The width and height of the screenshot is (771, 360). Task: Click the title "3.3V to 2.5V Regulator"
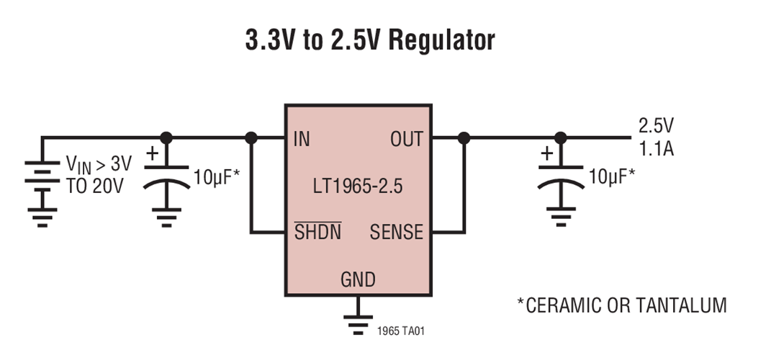click(x=370, y=41)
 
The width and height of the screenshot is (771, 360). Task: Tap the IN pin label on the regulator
click(x=302, y=140)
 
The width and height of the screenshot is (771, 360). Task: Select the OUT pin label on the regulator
click(x=407, y=140)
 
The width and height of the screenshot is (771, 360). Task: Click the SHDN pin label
click(x=317, y=233)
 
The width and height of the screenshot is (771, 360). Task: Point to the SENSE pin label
click(x=396, y=233)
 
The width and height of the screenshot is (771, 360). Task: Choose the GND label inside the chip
click(x=358, y=279)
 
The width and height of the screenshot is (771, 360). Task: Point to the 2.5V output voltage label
click(x=656, y=126)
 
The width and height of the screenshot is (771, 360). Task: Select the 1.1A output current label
click(x=656, y=149)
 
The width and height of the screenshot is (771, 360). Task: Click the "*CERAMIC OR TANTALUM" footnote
click(x=621, y=305)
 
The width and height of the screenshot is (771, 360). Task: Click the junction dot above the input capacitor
click(x=166, y=138)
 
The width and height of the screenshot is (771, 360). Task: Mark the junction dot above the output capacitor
click(x=560, y=138)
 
